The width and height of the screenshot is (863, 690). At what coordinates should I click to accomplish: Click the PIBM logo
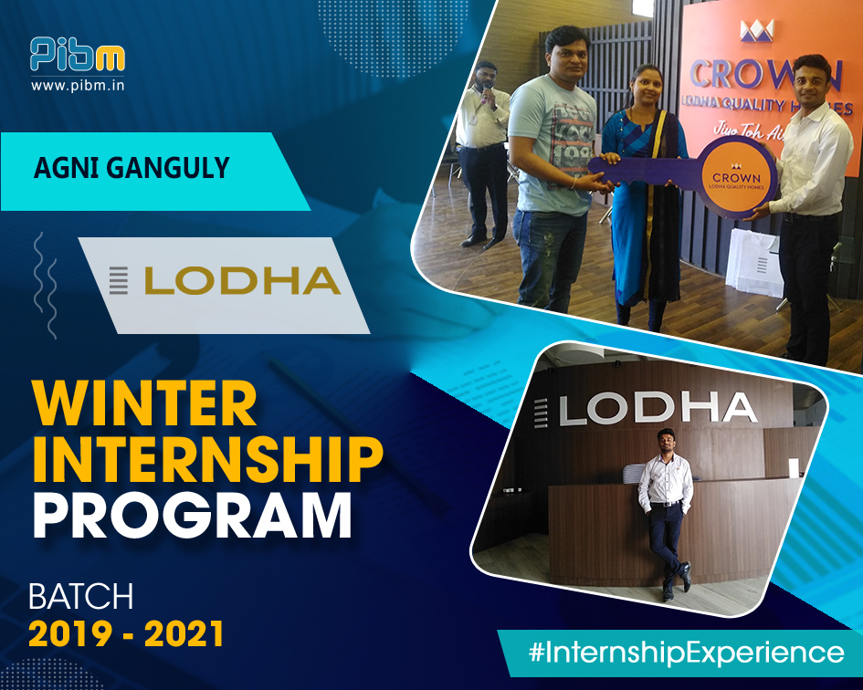(77, 54)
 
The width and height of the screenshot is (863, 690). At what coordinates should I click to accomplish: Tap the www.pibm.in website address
(77, 86)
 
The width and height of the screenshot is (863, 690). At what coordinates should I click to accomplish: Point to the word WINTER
(143, 404)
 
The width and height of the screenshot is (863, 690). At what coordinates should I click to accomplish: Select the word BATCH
(81, 597)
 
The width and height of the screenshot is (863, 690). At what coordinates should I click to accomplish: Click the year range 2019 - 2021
(126, 634)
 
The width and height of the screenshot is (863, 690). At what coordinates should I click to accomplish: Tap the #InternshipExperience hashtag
(686, 653)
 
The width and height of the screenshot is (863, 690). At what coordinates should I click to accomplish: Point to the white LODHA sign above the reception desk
(658, 408)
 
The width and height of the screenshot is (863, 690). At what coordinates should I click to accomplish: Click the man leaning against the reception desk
(665, 511)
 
